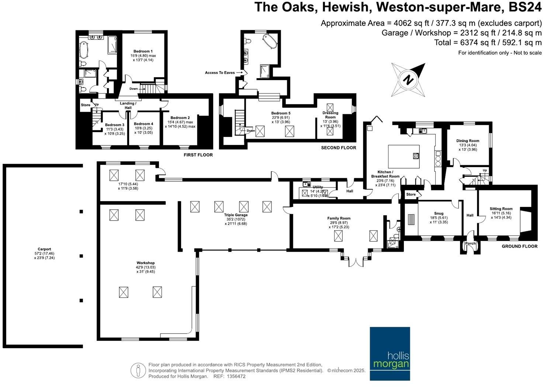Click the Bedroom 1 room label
(x=143, y=51)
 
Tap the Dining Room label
(x=468, y=141)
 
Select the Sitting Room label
(x=501, y=209)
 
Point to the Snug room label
(x=439, y=213)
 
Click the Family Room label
(x=339, y=218)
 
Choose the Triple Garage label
(x=236, y=215)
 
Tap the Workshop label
(x=145, y=263)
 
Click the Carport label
(x=44, y=249)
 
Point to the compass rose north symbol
(x=408, y=80)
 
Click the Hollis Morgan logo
(x=390, y=353)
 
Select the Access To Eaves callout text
(x=220, y=73)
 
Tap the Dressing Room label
(x=330, y=115)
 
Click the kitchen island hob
(x=416, y=156)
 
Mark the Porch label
(x=470, y=243)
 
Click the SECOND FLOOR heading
(x=338, y=148)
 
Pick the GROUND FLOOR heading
(x=519, y=246)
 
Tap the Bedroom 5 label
(x=281, y=113)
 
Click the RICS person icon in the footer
(x=138, y=370)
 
